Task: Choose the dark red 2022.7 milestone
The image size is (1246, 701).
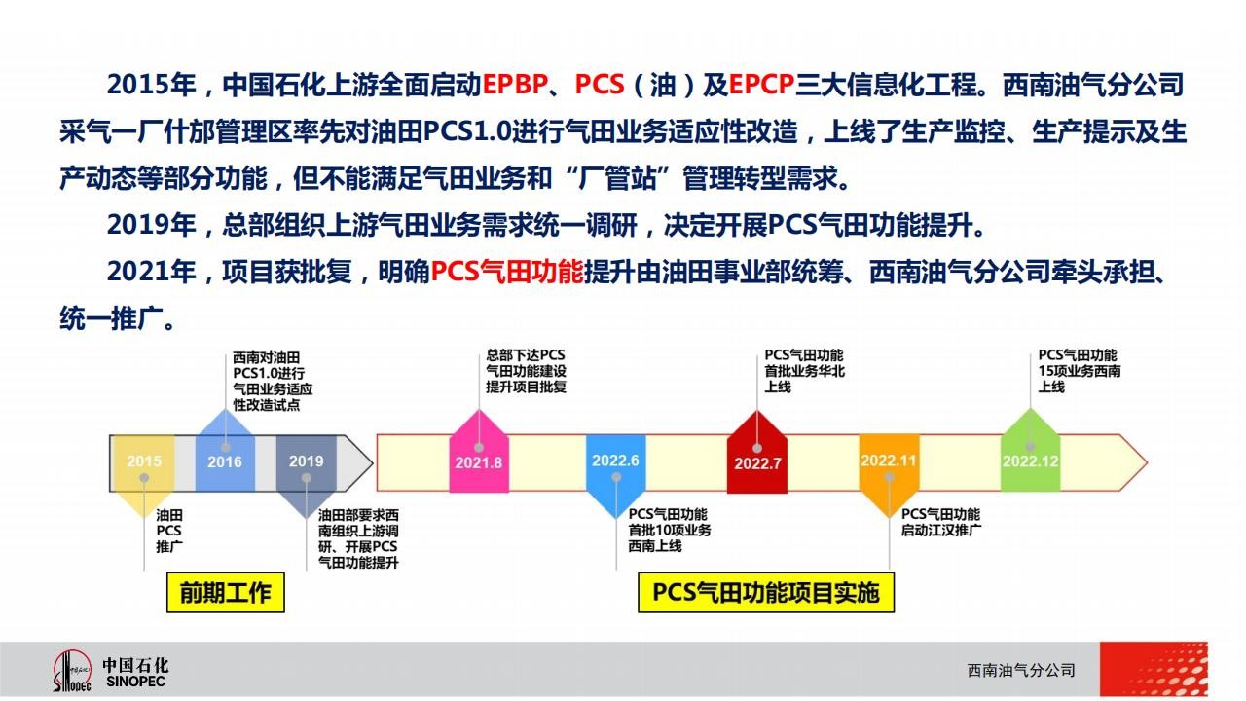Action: (x=757, y=453)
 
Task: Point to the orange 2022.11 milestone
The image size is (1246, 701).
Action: (x=889, y=474)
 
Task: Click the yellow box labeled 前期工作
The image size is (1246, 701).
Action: (x=226, y=593)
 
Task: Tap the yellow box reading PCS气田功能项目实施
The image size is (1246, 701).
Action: (x=766, y=593)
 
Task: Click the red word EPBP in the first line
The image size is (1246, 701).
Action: (x=515, y=85)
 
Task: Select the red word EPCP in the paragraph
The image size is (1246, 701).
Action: (x=761, y=85)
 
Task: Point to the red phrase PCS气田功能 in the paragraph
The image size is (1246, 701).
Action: (x=507, y=272)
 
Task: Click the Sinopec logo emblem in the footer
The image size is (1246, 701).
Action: (x=72, y=671)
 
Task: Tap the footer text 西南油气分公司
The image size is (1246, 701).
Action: (x=1021, y=671)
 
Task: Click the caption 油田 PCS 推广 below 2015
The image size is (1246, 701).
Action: (x=169, y=531)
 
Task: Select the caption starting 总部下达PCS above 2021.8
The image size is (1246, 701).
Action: (x=526, y=371)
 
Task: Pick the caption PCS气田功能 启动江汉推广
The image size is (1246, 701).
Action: (x=941, y=523)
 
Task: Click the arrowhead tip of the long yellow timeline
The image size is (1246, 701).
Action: (x=1147, y=462)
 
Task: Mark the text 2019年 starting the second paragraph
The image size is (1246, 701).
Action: (x=151, y=225)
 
